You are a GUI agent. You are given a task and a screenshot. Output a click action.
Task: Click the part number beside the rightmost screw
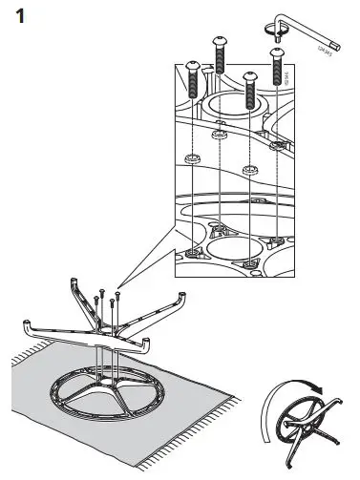tap(289, 86)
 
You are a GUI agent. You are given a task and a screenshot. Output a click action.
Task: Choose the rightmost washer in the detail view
tap(278, 144)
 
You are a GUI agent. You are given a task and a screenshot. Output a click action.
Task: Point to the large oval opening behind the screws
tap(235, 105)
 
